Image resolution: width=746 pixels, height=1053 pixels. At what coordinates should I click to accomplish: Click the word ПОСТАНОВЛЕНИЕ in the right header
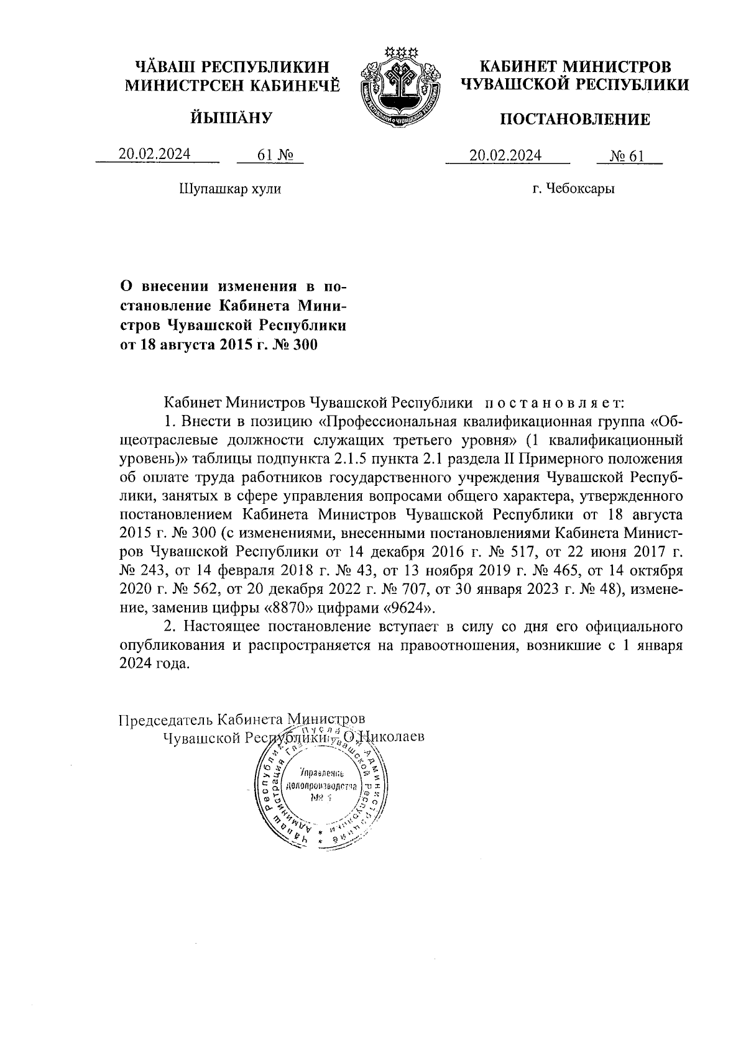[x=575, y=119]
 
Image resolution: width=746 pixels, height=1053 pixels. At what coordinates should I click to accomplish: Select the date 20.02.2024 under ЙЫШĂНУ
[x=155, y=155]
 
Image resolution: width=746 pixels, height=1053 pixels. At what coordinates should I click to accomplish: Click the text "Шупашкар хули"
[x=230, y=188]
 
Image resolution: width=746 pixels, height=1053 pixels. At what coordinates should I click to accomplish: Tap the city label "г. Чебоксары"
[x=573, y=188]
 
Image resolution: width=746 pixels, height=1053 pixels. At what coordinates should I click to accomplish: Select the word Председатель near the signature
[x=165, y=719]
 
